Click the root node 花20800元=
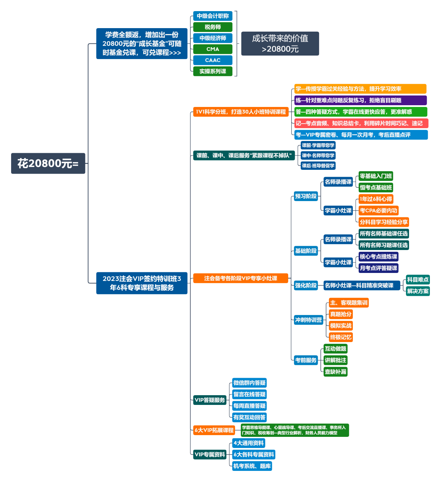(x=48, y=163)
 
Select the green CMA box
(x=213, y=49)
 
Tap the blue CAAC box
(x=213, y=60)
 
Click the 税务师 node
(x=213, y=27)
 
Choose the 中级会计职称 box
(x=213, y=16)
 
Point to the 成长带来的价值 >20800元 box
(x=280, y=43)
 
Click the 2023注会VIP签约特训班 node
(x=142, y=283)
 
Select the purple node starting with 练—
(x=360, y=100)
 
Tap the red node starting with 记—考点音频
(x=361, y=123)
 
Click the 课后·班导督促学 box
(x=318, y=166)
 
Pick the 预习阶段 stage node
(x=306, y=196)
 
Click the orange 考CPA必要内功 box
(x=378, y=210)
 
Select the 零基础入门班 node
(x=376, y=176)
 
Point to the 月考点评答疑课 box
(x=378, y=268)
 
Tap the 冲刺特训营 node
(x=308, y=320)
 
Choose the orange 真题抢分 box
(x=341, y=314)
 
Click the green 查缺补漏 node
(x=335, y=372)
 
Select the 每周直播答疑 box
(x=249, y=406)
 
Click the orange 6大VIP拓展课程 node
(x=214, y=430)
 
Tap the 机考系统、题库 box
(x=252, y=466)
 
